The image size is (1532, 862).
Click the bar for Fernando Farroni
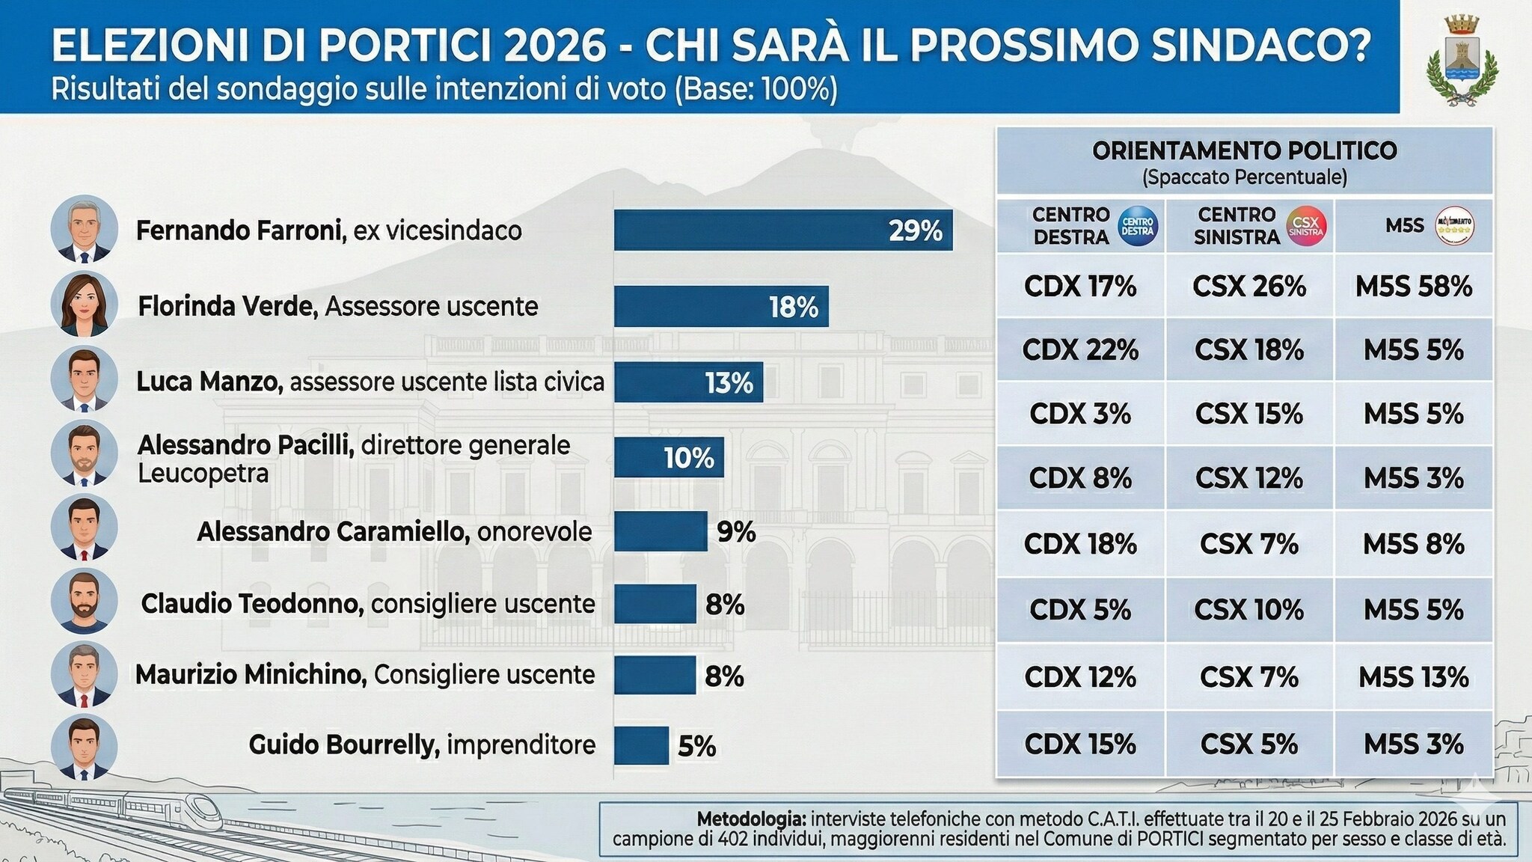pyautogui.click(x=782, y=230)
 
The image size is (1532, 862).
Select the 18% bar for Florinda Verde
pyautogui.click(x=721, y=307)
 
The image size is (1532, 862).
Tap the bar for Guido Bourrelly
pyautogui.click(x=641, y=746)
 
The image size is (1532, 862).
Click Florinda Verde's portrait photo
pyautogui.click(x=85, y=305)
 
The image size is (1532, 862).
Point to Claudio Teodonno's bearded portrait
pyautogui.click(x=85, y=602)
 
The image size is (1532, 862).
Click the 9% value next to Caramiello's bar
pyautogui.click(x=736, y=532)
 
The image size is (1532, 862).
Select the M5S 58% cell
pyautogui.click(x=1413, y=287)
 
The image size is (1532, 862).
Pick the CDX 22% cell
pyautogui.click(x=1080, y=350)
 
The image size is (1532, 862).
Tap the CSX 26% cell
pyautogui.click(x=1248, y=287)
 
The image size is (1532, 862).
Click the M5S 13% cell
pyautogui.click(x=1413, y=677)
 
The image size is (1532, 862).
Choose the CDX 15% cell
pyautogui.click(x=1080, y=744)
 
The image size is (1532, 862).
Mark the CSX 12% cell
pyautogui.click(x=1248, y=478)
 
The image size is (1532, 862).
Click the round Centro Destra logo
pyautogui.click(x=1137, y=226)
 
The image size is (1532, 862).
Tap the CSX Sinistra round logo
pyautogui.click(x=1306, y=226)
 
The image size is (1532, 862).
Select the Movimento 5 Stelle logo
pyautogui.click(x=1454, y=226)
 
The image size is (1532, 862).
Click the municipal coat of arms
pyautogui.click(x=1462, y=60)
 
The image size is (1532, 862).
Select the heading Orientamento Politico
pyautogui.click(x=1245, y=151)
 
